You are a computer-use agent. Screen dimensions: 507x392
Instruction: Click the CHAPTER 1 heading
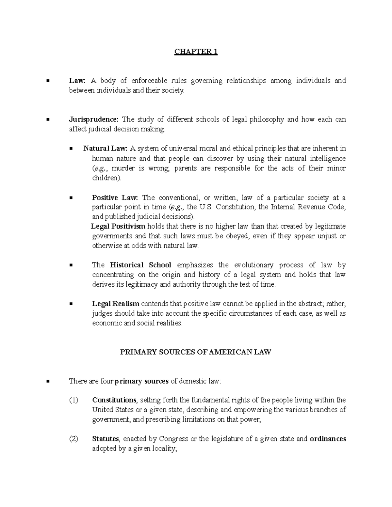pos(196,52)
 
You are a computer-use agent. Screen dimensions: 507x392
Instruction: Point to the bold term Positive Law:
pos(115,198)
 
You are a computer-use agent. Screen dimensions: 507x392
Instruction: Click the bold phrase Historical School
pos(141,265)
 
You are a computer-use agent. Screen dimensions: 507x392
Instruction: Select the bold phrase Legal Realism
pos(116,304)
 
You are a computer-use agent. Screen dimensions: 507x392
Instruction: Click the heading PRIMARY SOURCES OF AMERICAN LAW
pos(196,352)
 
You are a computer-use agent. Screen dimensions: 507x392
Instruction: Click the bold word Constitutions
pos(114,400)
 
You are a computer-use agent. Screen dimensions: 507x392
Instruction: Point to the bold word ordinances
pos(328,439)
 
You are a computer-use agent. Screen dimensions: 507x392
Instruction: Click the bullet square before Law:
pos(48,81)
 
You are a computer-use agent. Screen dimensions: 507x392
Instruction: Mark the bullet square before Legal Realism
pos(71,304)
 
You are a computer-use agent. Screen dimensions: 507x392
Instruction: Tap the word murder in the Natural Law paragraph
pos(125,168)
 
